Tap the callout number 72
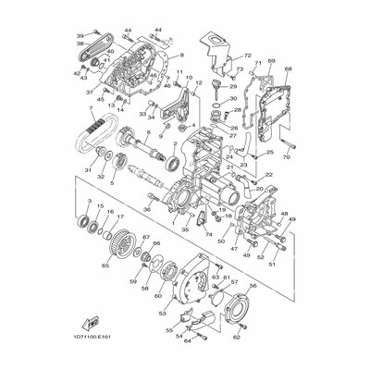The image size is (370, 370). [247, 56]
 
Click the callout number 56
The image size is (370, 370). [278, 287]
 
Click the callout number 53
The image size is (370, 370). [164, 299]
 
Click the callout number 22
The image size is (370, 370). [269, 174]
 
